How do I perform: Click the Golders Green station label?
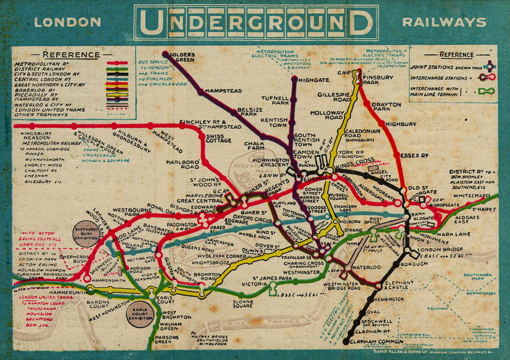(x=182, y=57)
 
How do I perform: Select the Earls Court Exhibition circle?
(x=140, y=314)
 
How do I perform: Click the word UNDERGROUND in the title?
(x=256, y=22)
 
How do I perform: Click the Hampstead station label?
(x=223, y=91)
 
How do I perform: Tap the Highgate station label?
(x=314, y=80)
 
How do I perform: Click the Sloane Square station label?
(x=243, y=304)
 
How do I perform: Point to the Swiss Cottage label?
(x=218, y=138)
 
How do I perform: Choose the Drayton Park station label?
(x=386, y=107)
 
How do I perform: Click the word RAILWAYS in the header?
(x=444, y=22)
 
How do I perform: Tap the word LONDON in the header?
(x=67, y=22)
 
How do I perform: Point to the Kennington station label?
(x=388, y=299)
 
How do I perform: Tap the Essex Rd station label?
(x=414, y=155)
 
